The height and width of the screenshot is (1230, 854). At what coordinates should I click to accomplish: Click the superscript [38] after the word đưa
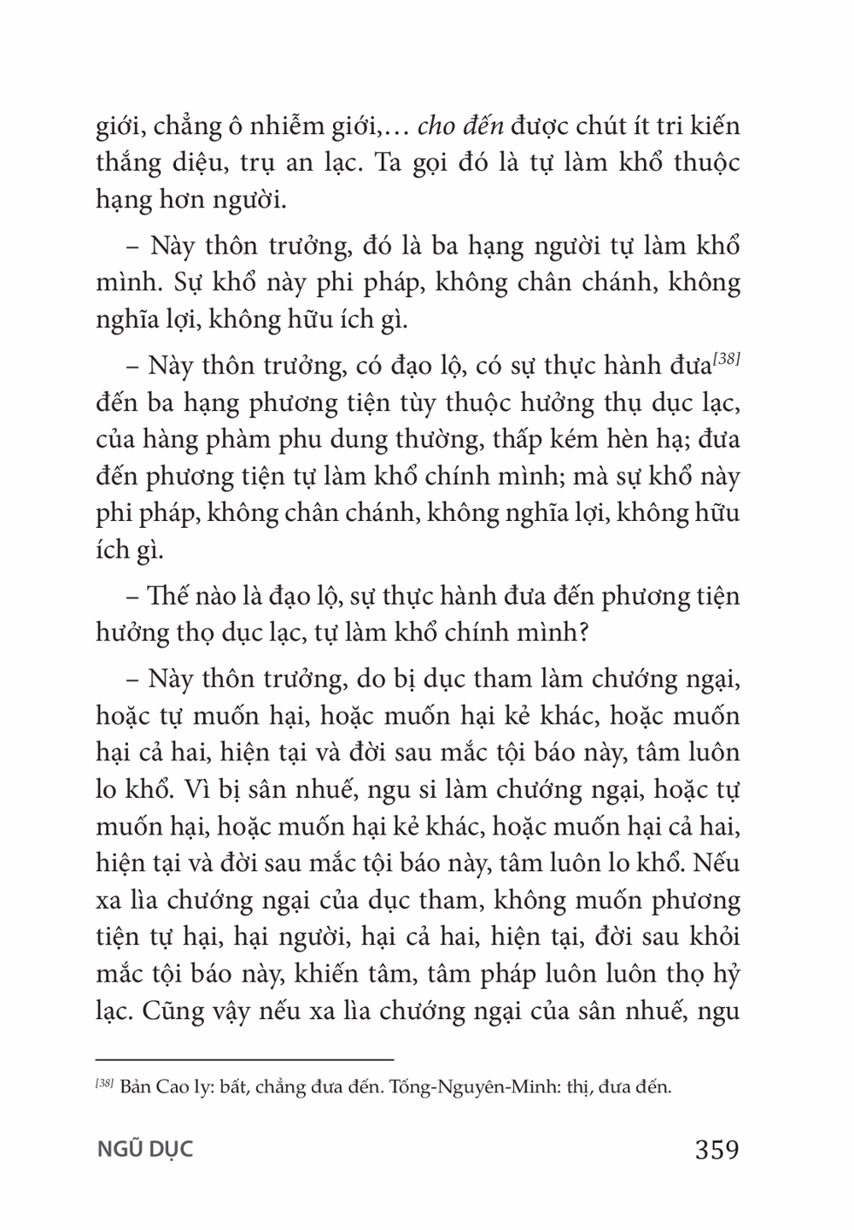726,361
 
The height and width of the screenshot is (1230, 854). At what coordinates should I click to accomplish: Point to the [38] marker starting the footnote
105,1086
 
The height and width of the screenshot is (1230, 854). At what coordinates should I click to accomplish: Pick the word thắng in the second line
125,164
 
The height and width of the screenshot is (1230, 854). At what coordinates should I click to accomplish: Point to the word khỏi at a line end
715,938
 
